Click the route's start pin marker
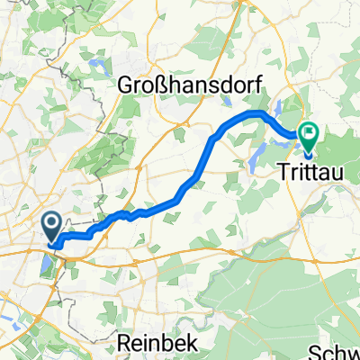pos(51,227)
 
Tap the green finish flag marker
pos(310,137)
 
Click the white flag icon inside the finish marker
pos(310,133)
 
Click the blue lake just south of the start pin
pos(47,263)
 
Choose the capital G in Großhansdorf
pos(126,85)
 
